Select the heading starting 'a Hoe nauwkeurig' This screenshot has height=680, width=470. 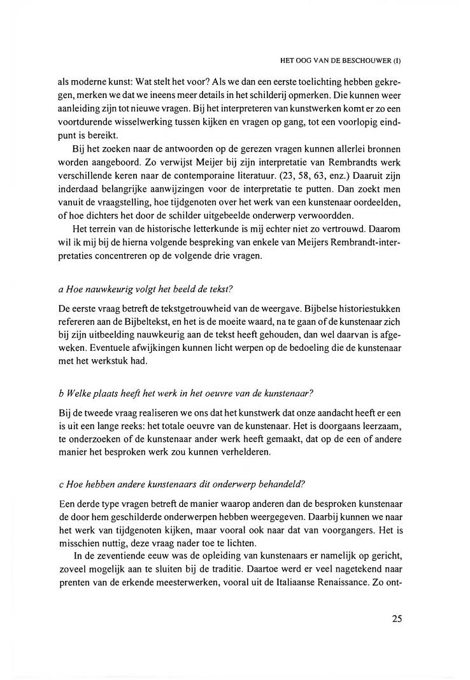139,289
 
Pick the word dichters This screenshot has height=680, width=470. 107,213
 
